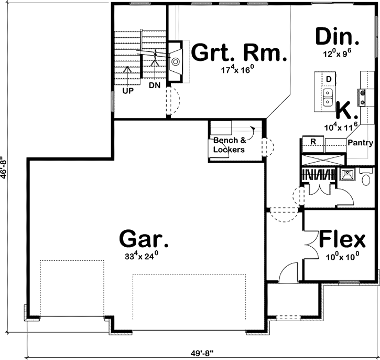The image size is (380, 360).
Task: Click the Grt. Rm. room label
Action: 239,52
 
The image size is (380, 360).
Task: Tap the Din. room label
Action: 337,37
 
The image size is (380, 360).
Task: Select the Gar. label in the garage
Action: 144,239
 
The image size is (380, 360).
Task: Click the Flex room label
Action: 342,240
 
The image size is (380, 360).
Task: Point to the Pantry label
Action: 360,143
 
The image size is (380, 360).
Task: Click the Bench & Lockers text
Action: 229,145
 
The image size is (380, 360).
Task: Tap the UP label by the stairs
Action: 128,90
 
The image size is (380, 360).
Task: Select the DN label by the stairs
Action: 154,84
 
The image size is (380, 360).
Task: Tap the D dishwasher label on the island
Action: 329,79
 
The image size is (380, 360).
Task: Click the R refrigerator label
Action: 312,142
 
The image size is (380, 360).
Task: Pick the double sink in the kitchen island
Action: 328,96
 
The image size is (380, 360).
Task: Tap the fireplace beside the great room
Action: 176,62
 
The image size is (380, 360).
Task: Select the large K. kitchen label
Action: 346,111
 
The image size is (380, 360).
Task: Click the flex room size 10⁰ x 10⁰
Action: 341,257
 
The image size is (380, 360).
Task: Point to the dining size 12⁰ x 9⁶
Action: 336,54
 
